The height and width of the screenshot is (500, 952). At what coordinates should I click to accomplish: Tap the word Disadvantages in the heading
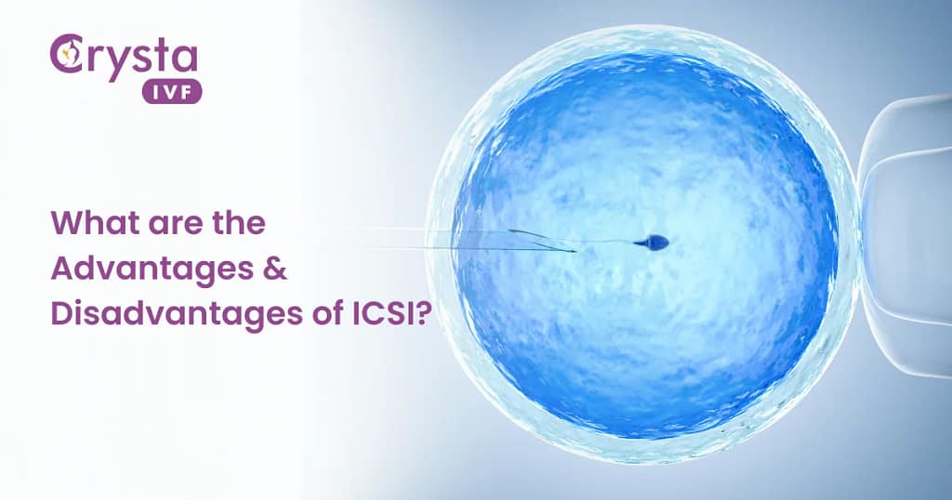coord(161,315)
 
